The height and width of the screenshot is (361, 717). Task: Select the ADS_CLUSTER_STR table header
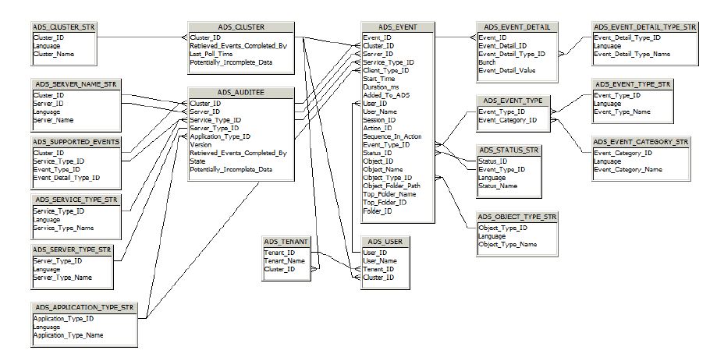[x=65, y=27]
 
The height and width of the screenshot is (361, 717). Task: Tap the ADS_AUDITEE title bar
[x=240, y=92]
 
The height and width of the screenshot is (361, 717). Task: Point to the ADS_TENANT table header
[x=286, y=242]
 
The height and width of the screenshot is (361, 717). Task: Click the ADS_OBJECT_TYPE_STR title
[x=516, y=218]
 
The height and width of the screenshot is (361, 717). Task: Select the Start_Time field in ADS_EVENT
[x=379, y=79]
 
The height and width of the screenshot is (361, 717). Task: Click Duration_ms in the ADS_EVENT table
[x=381, y=87]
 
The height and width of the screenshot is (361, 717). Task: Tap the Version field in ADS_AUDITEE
[x=201, y=144]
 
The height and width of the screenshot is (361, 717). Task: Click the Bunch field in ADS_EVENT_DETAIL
[x=487, y=62]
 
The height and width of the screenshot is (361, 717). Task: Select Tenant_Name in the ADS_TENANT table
[x=285, y=261]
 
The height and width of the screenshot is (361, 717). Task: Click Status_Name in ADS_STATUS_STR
[x=498, y=186]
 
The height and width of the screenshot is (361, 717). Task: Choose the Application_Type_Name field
[x=68, y=335]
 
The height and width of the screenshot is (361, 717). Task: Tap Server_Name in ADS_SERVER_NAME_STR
[x=54, y=120]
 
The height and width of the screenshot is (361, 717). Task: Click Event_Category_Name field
[x=627, y=169]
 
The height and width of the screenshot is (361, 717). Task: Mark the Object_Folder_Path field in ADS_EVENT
[x=392, y=186]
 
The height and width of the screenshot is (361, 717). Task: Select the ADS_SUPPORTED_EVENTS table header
[x=76, y=143]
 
